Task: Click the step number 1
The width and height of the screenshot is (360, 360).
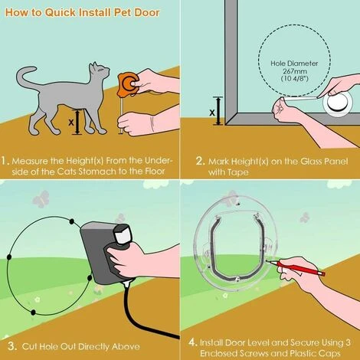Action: point(6,161)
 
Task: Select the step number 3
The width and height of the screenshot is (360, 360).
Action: point(6,342)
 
